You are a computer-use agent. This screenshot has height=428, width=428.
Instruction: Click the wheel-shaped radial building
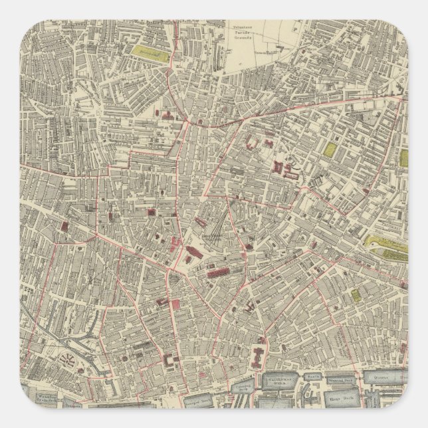tap(68, 360)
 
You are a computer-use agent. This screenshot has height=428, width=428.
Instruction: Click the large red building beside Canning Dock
tap(257, 358)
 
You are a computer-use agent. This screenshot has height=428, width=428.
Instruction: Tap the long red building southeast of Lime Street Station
tap(218, 272)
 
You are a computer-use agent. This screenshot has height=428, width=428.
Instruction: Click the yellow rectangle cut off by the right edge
tap(403, 158)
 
